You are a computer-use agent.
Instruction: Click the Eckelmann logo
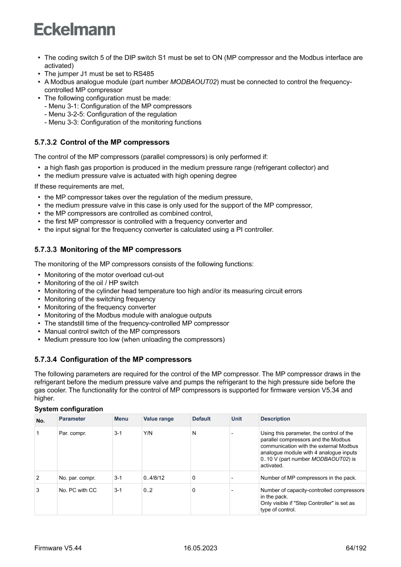point(75,30)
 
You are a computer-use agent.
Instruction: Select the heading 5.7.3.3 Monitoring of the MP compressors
point(108,249)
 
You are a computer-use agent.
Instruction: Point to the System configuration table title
point(68,409)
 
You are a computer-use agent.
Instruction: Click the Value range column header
point(159,419)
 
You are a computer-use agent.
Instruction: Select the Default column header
point(201,419)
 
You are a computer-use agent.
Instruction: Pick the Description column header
point(275,419)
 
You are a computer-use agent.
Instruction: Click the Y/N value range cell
point(148,433)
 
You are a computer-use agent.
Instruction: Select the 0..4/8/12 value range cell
point(155,478)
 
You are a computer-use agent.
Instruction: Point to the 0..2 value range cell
point(149,490)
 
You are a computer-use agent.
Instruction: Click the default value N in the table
point(194,433)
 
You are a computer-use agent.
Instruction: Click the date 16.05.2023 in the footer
point(200,548)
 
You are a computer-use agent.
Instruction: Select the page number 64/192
point(353,548)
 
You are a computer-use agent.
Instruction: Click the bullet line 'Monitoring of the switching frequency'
point(100,299)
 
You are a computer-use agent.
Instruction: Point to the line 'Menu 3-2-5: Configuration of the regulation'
point(110,114)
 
